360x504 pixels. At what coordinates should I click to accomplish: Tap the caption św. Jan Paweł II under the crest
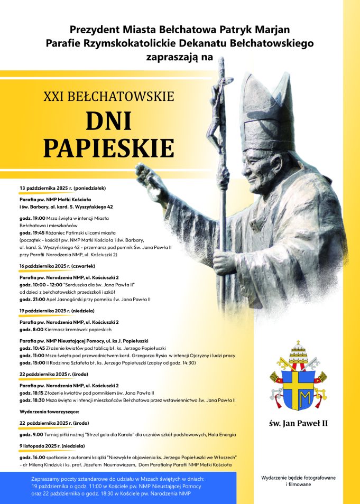click(299, 423)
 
